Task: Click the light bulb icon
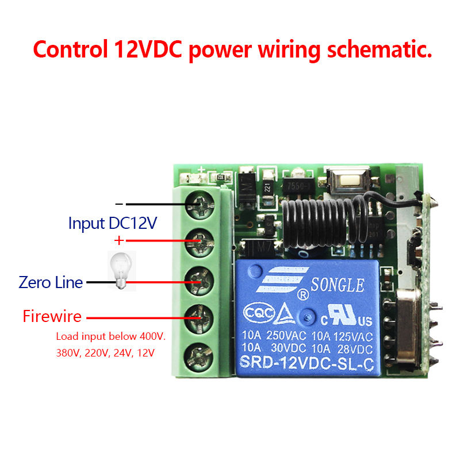tap(121, 270)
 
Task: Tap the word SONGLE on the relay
tap(337, 285)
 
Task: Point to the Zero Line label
tap(51, 282)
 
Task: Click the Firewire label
tap(52, 316)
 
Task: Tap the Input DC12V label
tap(112, 223)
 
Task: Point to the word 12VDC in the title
tap(145, 49)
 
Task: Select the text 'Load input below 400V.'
tap(110, 336)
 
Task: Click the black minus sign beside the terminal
tap(119, 204)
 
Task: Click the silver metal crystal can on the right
tap(409, 325)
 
